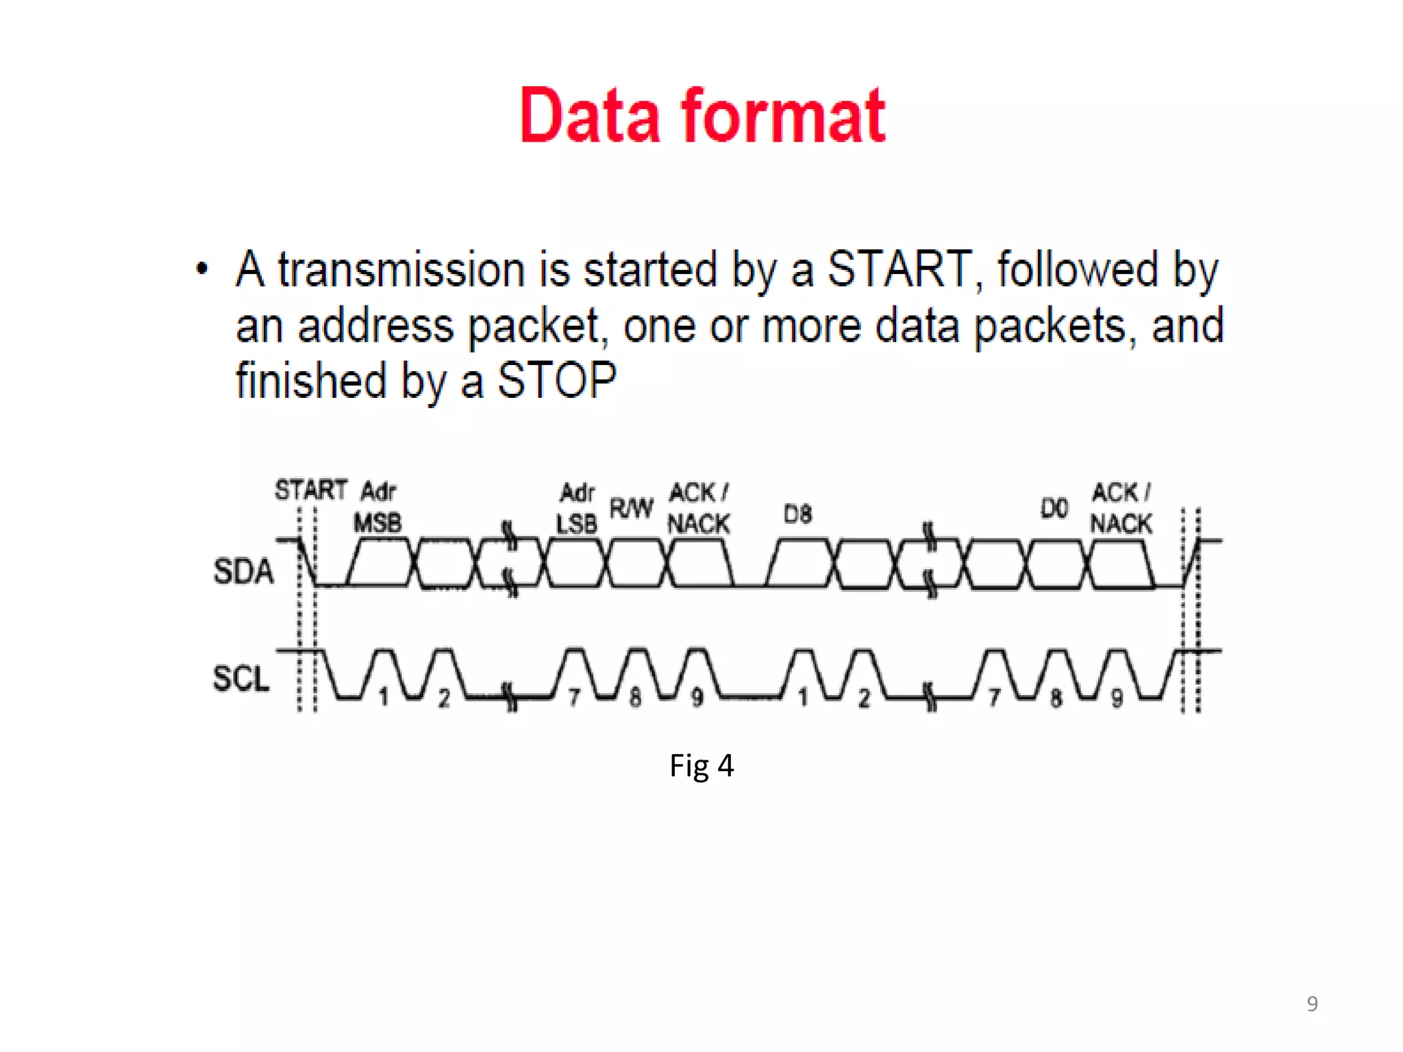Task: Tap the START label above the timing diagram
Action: tap(310, 490)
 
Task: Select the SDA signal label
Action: tap(243, 571)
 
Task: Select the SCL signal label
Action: tap(241, 679)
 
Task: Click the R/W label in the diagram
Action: tap(631, 509)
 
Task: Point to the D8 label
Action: tap(797, 514)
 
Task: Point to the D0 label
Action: tap(1054, 509)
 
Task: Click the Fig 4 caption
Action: tap(701, 766)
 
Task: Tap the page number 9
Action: tap(1312, 1003)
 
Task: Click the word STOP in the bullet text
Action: tap(556, 381)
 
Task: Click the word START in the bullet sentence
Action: tap(899, 269)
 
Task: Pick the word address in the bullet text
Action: tap(375, 325)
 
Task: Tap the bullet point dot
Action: tap(201, 268)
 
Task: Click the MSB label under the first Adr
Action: tap(377, 524)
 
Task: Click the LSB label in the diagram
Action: tap(576, 525)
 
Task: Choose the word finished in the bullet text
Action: tap(311, 381)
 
